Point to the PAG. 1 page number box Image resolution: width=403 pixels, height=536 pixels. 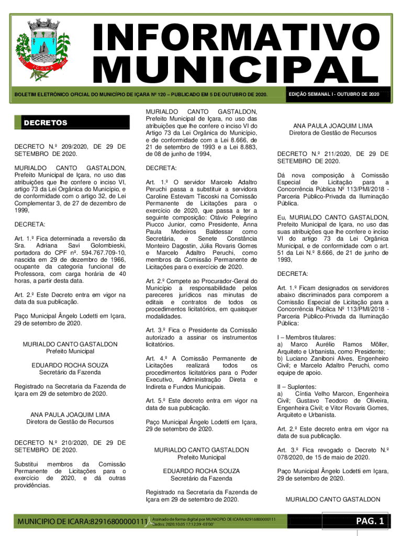pyautogui.click(x=370, y=520)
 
